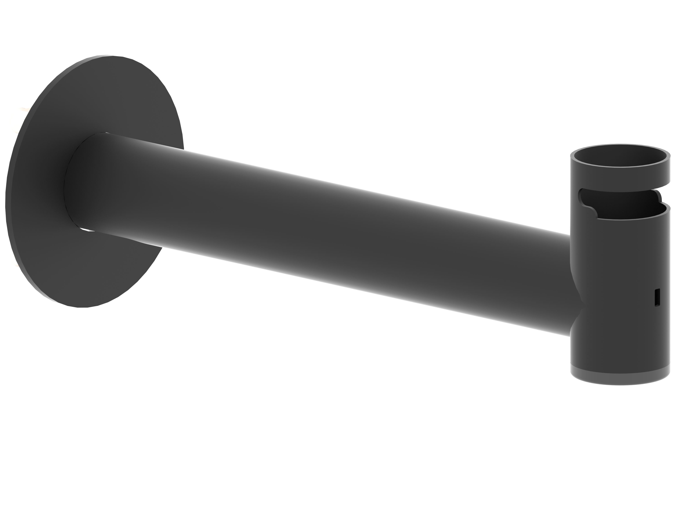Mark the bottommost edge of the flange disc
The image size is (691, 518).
82,307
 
